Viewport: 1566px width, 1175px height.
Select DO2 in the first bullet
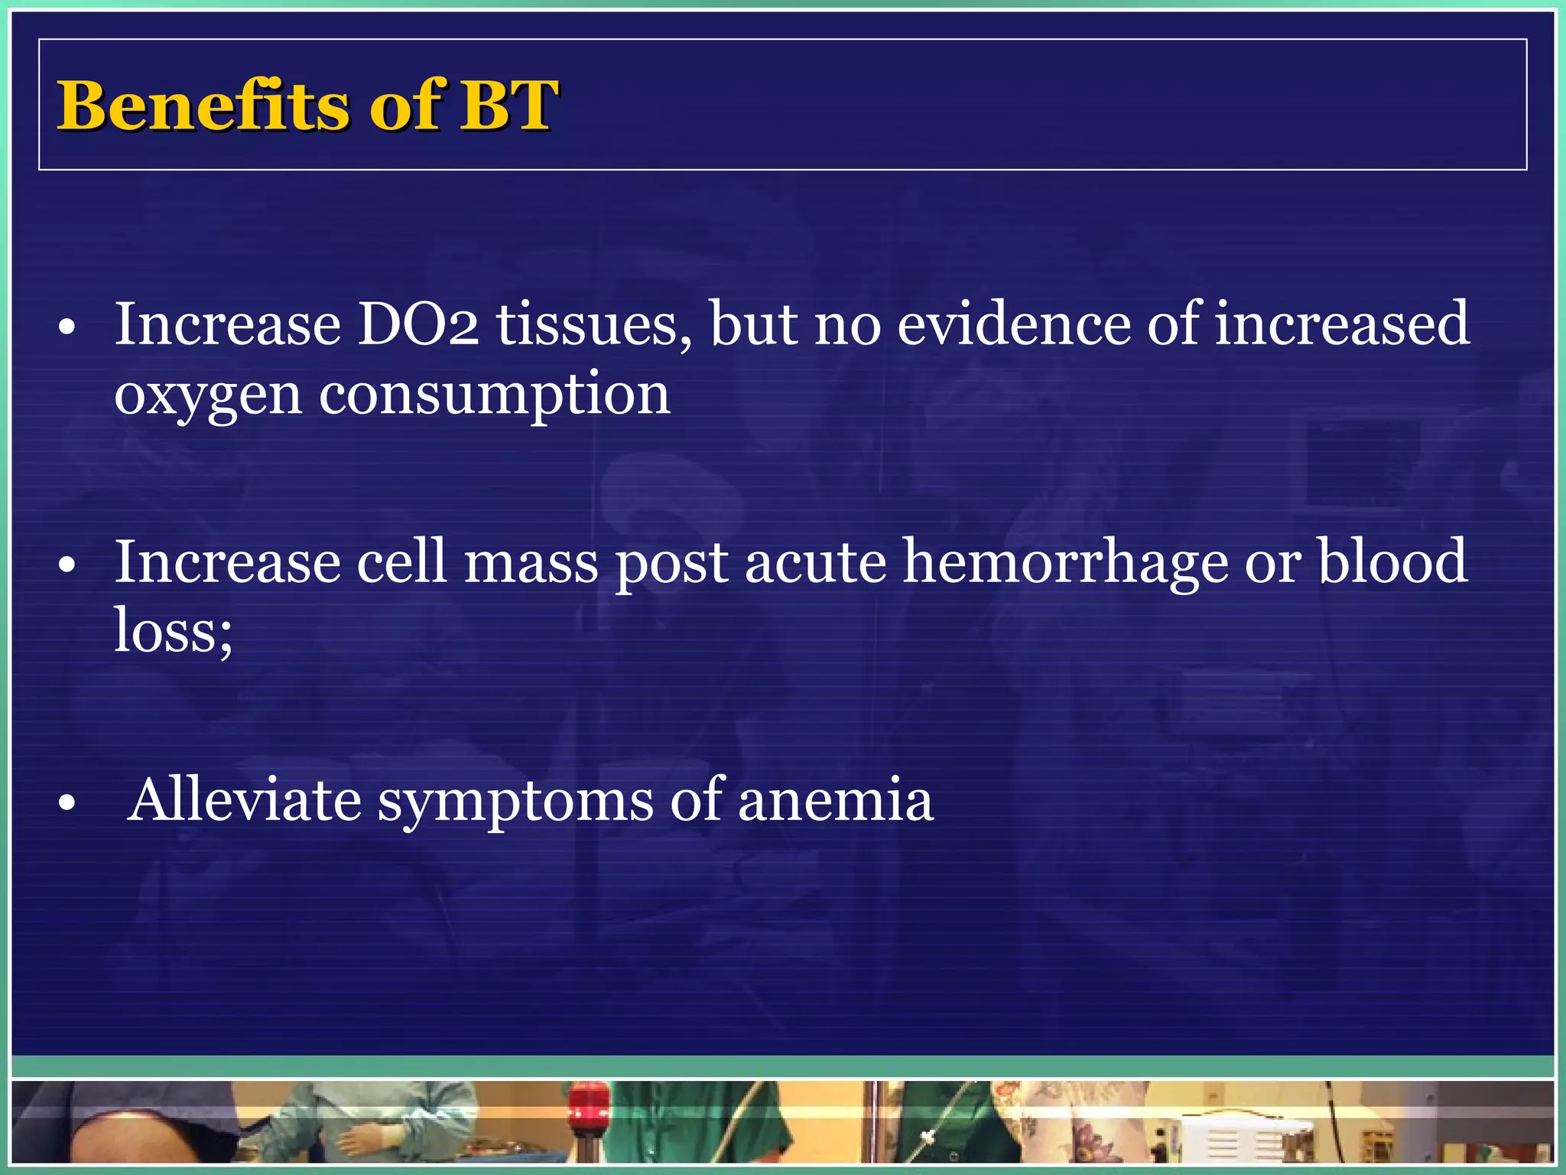click(418, 324)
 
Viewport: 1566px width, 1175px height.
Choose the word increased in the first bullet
click(1342, 324)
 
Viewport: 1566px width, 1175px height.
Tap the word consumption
click(495, 395)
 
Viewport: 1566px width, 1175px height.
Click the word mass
click(531, 563)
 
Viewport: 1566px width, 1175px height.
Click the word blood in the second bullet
click(1392, 561)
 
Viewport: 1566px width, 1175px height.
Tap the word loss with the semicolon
click(174, 631)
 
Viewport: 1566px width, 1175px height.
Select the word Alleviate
click(245, 800)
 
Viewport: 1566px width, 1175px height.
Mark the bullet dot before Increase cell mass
click(67, 565)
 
